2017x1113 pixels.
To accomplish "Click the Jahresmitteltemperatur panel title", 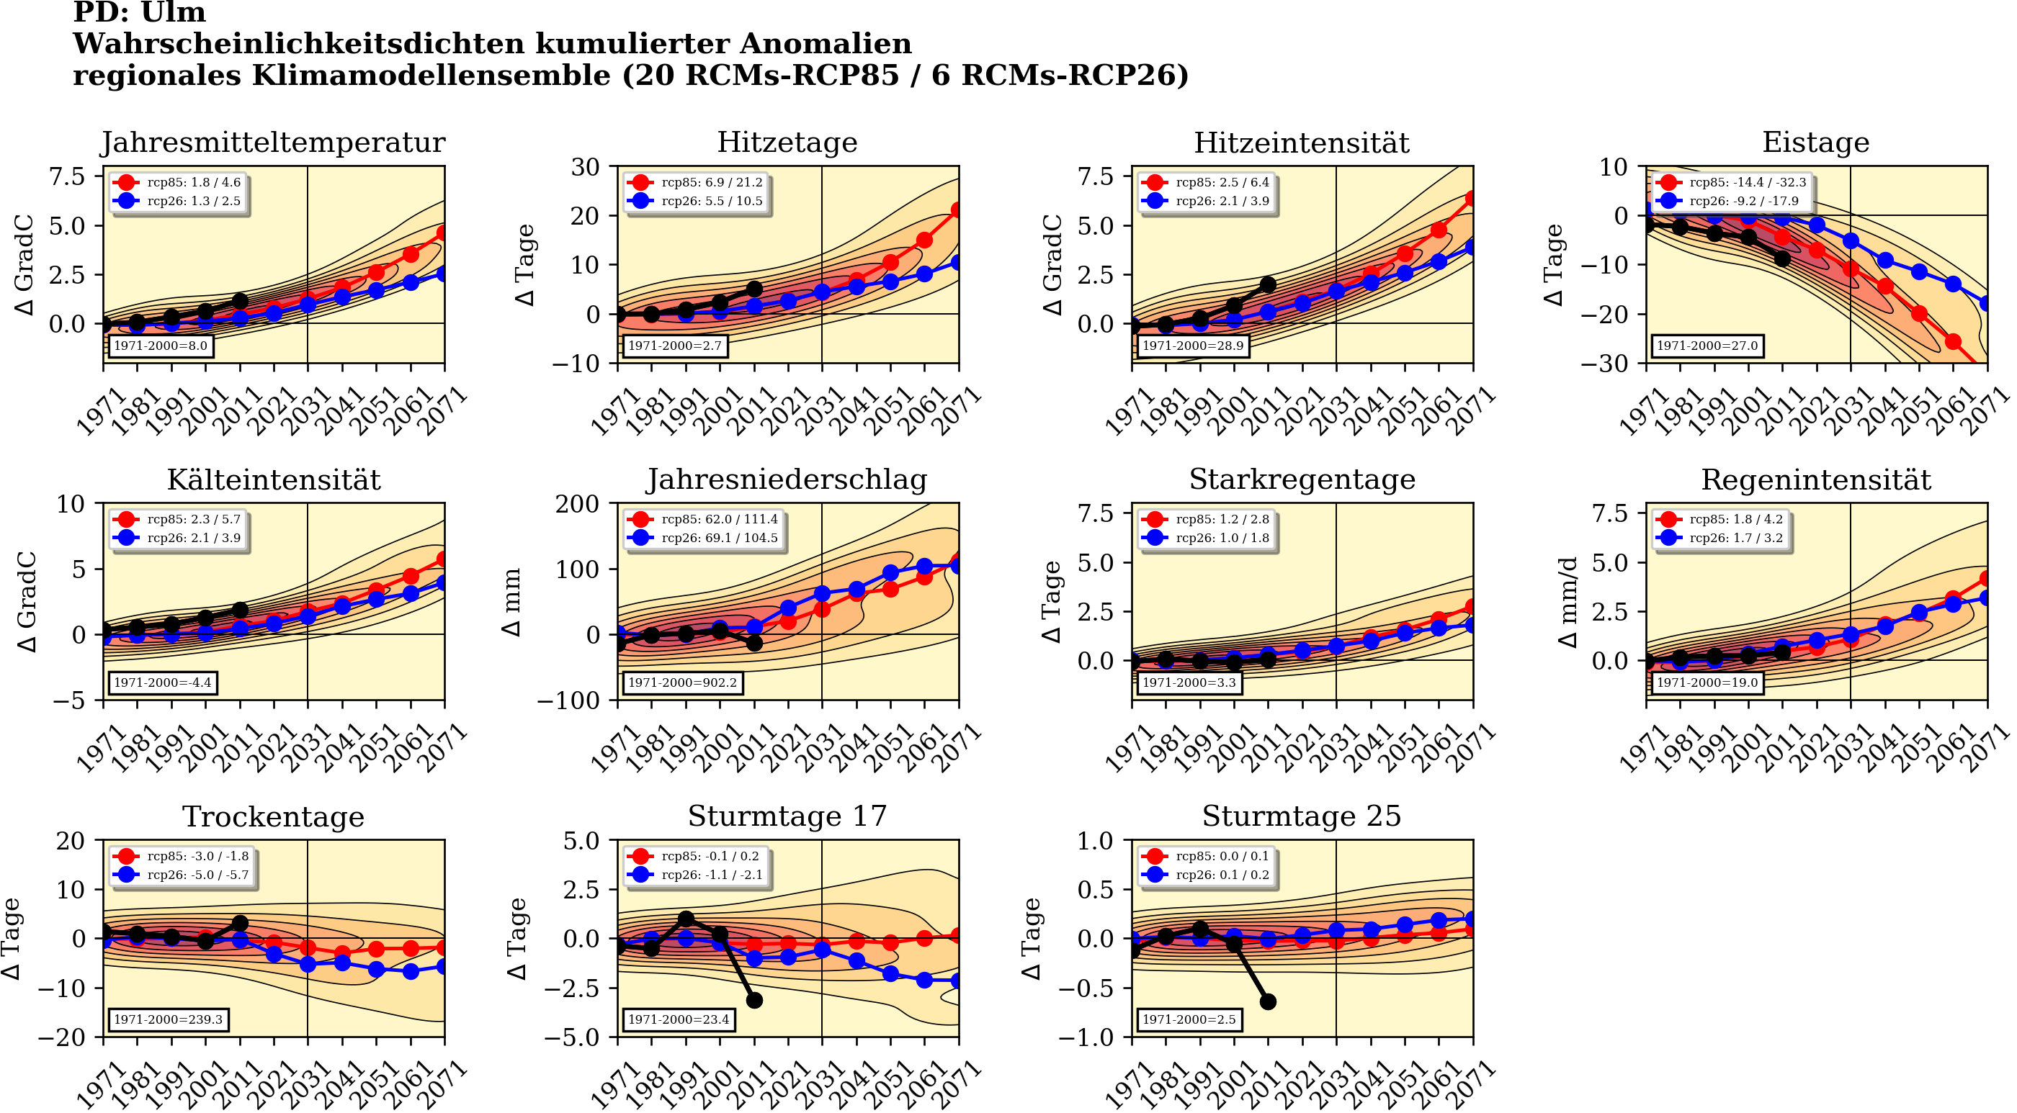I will pos(272,143).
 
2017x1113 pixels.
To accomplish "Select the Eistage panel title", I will pos(1815,143).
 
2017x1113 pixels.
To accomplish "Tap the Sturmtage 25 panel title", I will pos(1302,816).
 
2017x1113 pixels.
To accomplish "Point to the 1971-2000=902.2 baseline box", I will pos(682,682).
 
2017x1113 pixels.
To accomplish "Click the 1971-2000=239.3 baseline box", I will pos(168,1020).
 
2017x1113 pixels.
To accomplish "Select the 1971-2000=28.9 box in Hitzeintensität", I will pos(1191,345).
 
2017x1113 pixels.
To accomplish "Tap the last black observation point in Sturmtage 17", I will pos(754,1000).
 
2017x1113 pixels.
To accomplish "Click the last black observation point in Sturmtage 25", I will pos(1269,1002).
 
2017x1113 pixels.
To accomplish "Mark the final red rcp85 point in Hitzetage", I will pos(957,209).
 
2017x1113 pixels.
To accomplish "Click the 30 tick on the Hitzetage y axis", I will pos(585,167).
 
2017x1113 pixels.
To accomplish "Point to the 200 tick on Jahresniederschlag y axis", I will pos(577,504).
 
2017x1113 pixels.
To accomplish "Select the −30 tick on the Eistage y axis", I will pos(1603,363).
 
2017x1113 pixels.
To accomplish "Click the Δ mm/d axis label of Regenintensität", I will pos(1567,602).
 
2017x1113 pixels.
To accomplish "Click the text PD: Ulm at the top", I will pos(139,12).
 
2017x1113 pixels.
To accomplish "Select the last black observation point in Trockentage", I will pos(241,924).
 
